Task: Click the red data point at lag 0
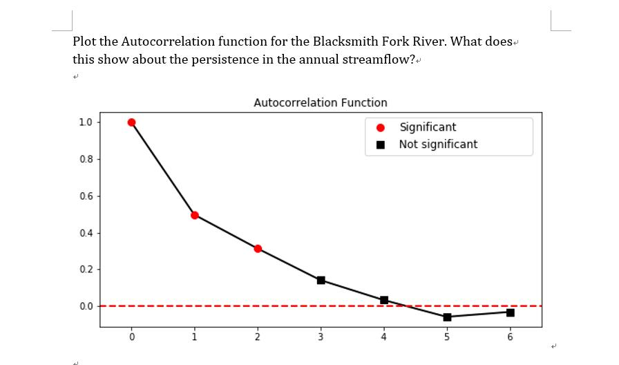coord(131,122)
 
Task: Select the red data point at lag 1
coord(195,215)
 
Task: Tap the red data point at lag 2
coord(258,248)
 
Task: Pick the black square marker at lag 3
coord(321,280)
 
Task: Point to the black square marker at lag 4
coord(384,300)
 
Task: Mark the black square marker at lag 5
coord(447,317)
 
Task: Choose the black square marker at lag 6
coord(510,312)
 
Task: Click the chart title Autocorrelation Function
coord(320,103)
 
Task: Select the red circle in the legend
coord(380,128)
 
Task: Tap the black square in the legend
coord(380,145)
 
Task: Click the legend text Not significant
coord(437,144)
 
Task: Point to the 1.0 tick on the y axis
coord(86,122)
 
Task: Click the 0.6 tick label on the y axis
coord(86,196)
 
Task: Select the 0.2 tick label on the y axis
coord(86,270)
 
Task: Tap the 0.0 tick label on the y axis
coord(86,306)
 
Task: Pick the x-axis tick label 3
coord(321,337)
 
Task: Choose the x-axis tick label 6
coord(510,337)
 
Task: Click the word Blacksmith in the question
coord(345,41)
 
